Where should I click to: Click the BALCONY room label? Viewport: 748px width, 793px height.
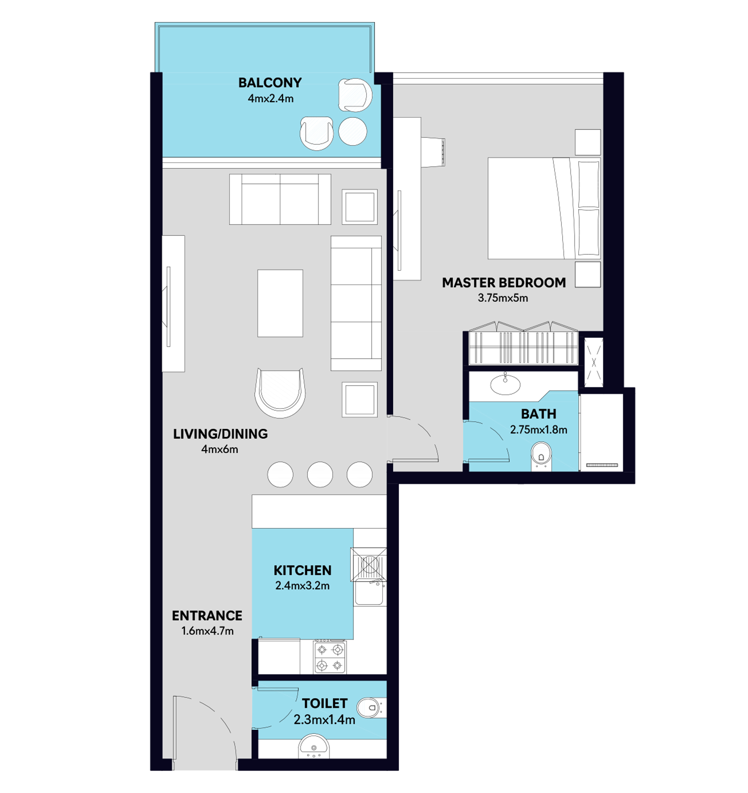click(270, 83)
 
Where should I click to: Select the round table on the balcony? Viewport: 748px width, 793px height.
click(353, 131)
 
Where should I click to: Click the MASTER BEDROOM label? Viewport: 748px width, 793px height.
click(503, 282)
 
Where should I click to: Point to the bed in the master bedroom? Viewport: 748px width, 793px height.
click(544, 208)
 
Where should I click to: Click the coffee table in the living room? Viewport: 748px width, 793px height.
click(280, 303)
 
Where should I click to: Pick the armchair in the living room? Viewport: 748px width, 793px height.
click(280, 393)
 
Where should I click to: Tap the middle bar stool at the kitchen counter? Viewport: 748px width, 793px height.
click(320, 474)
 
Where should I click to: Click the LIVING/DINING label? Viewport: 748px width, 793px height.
click(220, 434)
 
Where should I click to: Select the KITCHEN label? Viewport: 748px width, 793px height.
click(303, 570)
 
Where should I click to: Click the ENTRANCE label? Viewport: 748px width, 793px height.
click(207, 615)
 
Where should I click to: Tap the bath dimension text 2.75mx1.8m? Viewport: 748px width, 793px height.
click(539, 430)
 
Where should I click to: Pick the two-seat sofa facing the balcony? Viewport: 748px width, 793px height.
click(280, 199)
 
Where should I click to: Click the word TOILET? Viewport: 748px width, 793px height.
click(324, 703)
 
